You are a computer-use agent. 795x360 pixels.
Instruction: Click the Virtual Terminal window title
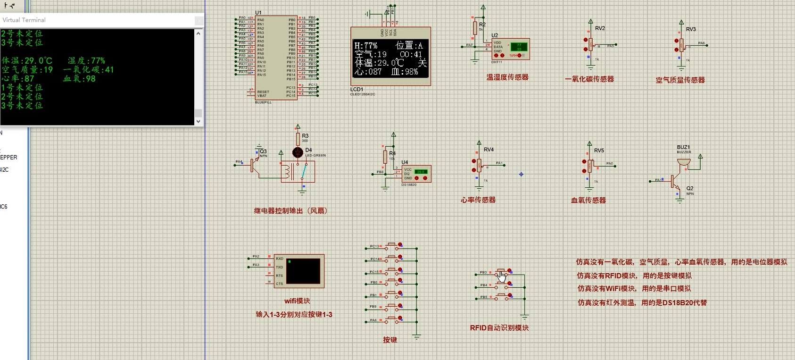(25, 20)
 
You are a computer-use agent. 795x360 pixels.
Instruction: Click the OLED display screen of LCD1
(390, 59)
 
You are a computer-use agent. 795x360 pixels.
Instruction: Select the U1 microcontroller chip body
(276, 57)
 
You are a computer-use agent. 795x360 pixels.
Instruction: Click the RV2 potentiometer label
(600, 28)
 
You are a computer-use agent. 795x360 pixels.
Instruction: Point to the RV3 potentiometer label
(691, 29)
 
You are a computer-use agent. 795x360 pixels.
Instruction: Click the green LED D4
(298, 152)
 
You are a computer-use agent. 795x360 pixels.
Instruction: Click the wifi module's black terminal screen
(303, 271)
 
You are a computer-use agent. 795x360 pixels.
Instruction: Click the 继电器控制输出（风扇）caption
(290, 211)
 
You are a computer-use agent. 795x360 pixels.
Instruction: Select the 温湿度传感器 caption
(507, 77)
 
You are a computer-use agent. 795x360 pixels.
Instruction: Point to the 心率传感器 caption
(478, 200)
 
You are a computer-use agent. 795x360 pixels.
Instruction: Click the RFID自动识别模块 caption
(499, 328)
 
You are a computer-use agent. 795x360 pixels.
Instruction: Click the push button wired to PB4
(503, 285)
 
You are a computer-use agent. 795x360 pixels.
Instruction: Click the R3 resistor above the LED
(298, 139)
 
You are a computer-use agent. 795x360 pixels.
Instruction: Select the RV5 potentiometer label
(599, 151)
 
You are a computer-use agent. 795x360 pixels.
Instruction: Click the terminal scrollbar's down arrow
(199, 121)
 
